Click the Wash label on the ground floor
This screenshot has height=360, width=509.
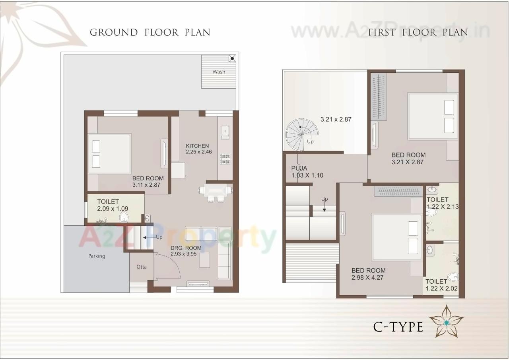(x=218, y=72)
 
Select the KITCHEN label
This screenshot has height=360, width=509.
(x=197, y=146)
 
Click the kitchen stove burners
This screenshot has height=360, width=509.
(x=225, y=159)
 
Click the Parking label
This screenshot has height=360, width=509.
(x=97, y=256)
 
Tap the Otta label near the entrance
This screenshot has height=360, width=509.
(x=142, y=267)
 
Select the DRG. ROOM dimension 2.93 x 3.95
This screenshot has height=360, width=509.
(x=184, y=254)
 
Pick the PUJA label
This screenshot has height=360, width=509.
(x=299, y=168)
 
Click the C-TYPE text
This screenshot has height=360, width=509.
(x=398, y=327)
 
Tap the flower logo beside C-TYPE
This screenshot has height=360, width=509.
(x=447, y=321)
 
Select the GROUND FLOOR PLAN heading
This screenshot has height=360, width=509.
(x=150, y=32)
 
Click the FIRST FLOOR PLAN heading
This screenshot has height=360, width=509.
(x=418, y=32)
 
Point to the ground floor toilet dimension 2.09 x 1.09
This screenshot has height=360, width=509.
(x=113, y=208)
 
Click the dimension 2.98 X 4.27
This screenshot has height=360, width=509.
(x=367, y=277)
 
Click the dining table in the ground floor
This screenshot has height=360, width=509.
(x=216, y=190)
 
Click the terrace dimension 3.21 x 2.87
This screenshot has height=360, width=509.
(x=336, y=119)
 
